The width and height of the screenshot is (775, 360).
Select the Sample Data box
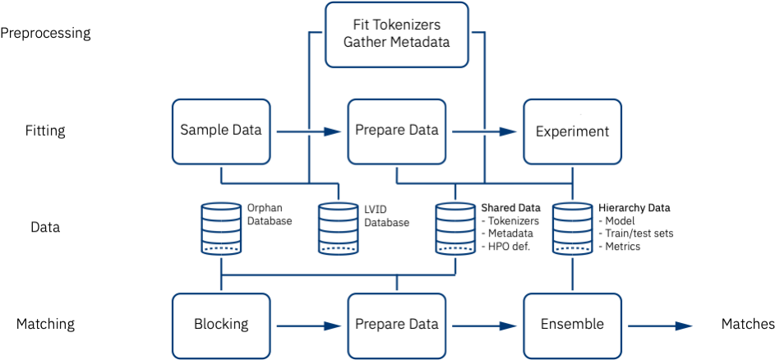(221, 131)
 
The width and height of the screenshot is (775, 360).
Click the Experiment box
(572, 132)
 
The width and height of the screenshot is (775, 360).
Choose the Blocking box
(221, 325)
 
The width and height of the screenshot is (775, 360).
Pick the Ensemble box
(572, 325)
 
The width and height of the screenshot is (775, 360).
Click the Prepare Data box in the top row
(397, 131)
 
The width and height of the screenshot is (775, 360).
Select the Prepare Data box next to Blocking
(397, 325)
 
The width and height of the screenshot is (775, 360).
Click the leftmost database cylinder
(221, 228)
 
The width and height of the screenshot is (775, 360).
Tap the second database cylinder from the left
(339, 228)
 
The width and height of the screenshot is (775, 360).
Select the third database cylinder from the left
(455, 228)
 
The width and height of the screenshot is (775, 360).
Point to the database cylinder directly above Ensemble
(572, 228)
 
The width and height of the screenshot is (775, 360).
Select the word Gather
(367, 42)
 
